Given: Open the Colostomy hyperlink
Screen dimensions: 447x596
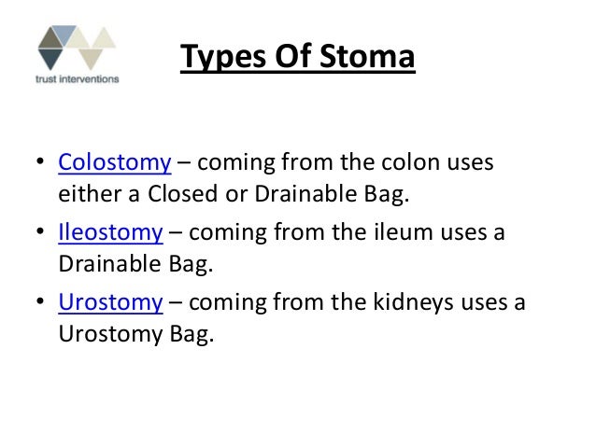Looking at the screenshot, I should tap(114, 163).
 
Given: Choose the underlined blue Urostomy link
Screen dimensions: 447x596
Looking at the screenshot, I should tap(110, 301).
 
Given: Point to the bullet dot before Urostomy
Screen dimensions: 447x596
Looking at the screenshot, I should tap(39, 303).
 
